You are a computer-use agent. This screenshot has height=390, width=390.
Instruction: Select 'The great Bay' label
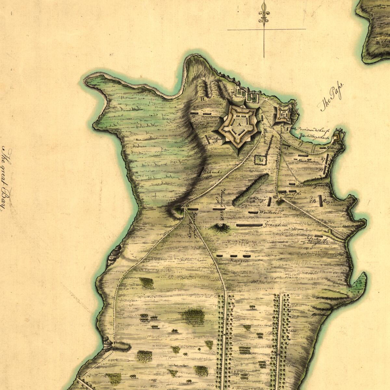pyautogui.click(x=6, y=179)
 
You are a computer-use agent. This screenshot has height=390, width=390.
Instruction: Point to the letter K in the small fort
pyautogui.click(x=283, y=114)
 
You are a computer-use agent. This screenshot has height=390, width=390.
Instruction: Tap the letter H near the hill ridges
pyautogui.click(x=202, y=99)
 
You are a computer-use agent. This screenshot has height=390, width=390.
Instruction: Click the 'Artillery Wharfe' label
pyautogui.click(x=315, y=137)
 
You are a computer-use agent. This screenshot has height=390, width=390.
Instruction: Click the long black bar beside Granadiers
pyautogui.click(x=249, y=225)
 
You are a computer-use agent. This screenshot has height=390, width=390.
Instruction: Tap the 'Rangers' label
pyautogui.click(x=239, y=261)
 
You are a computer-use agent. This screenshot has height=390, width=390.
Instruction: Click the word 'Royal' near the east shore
pyautogui.click(x=329, y=201)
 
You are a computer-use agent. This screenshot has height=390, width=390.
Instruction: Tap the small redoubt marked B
pyautogui.click(x=336, y=138)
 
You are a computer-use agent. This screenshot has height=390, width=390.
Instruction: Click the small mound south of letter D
pyautogui.click(x=220, y=227)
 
